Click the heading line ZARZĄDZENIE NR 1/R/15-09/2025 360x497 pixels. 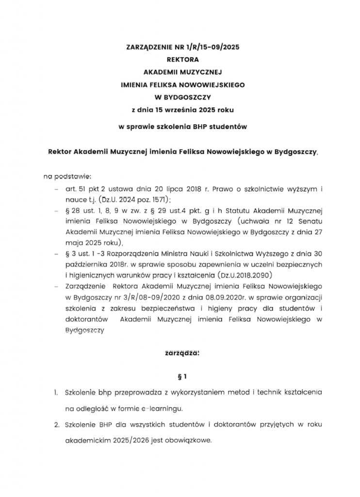183,48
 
